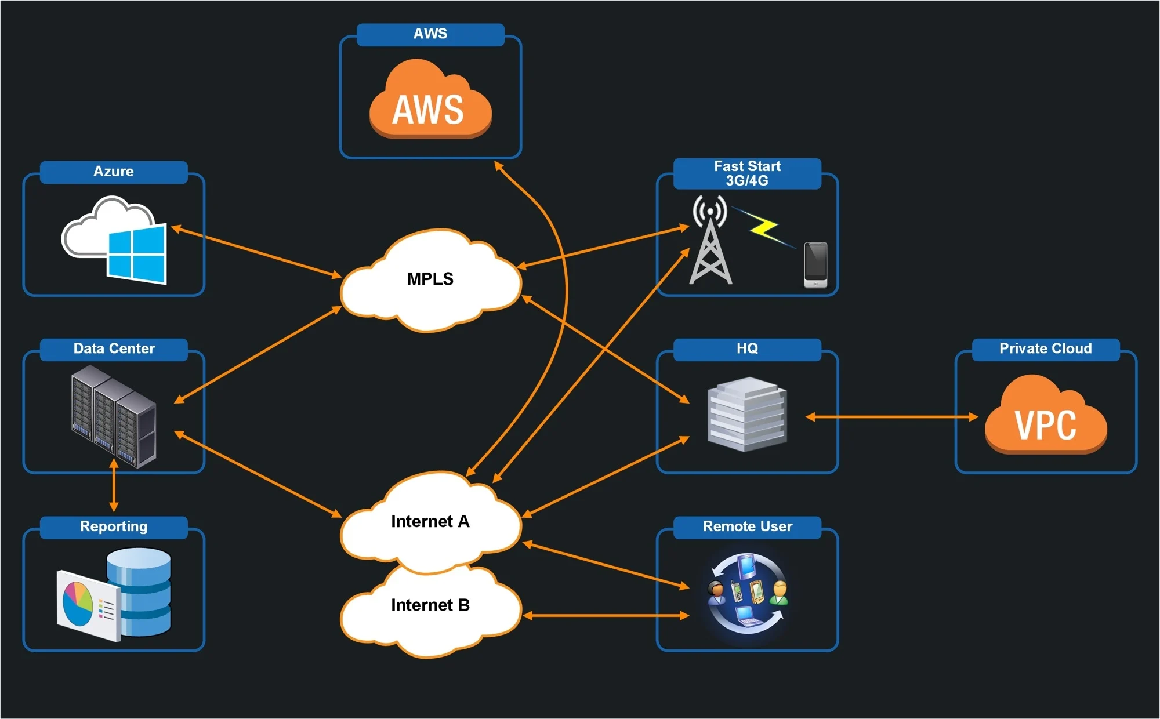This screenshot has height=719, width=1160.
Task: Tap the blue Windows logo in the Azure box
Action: (x=137, y=255)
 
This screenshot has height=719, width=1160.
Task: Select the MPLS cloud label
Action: (x=430, y=279)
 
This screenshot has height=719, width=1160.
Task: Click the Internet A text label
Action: (x=430, y=521)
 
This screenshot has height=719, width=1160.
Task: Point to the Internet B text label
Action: (x=430, y=605)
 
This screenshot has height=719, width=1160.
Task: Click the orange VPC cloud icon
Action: (x=1046, y=416)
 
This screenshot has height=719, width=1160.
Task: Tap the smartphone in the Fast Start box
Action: (x=815, y=264)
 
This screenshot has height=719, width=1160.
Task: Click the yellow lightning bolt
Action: (x=763, y=228)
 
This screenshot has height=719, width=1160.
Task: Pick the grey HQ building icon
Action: (x=747, y=414)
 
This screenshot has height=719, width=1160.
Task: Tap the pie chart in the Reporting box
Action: (x=78, y=603)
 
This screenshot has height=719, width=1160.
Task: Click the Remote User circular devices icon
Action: (x=748, y=593)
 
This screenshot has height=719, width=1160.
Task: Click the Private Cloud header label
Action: (x=1045, y=348)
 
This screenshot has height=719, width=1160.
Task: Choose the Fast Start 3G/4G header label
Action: (x=747, y=173)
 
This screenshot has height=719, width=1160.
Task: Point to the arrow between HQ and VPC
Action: (x=891, y=416)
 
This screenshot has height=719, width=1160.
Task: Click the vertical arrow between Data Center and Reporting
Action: (x=114, y=486)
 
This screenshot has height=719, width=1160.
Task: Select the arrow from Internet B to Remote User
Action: (x=606, y=615)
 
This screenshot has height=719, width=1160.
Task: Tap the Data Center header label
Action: (x=114, y=348)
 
